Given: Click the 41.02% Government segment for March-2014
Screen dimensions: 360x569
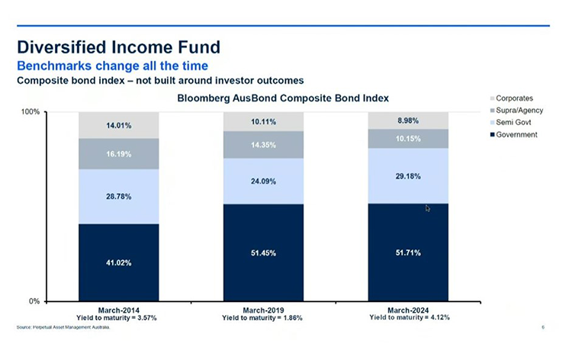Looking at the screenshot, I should pyautogui.click(x=118, y=262).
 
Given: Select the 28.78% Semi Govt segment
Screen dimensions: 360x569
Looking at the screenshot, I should pyautogui.click(x=118, y=196).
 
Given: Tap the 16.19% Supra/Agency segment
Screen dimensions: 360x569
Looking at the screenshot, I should pyautogui.click(x=118, y=153).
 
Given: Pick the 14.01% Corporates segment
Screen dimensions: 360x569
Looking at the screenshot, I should pyautogui.click(x=118, y=125).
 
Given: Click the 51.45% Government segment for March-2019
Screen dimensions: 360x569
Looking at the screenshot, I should pyautogui.click(x=263, y=252).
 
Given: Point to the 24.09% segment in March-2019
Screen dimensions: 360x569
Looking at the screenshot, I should pyautogui.click(x=263, y=182).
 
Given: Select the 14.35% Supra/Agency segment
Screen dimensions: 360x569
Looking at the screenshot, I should pyautogui.click(x=263, y=144).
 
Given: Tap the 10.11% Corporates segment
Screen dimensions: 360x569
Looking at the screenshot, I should pyautogui.click(x=263, y=121).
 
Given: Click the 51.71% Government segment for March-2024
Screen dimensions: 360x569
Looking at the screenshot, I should pyautogui.click(x=408, y=252).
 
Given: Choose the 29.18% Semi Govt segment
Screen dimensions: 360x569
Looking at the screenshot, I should pyautogui.click(x=408, y=175).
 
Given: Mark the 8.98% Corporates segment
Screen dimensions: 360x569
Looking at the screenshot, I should pyautogui.click(x=408, y=121).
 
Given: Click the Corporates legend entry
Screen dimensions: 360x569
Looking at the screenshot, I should pyautogui.click(x=513, y=98).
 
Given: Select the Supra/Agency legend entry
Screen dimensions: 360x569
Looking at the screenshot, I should pyautogui.click(x=519, y=111).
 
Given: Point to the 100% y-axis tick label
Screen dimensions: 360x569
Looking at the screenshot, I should pyautogui.click(x=31, y=112).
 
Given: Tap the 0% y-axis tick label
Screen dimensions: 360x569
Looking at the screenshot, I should pyautogui.click(x=34, y=301).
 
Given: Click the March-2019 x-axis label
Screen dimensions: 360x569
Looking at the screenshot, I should pyautogui.click(x=263, y=310).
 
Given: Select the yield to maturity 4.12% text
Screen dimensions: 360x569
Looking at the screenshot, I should pyautogui.click(x=408, y=317).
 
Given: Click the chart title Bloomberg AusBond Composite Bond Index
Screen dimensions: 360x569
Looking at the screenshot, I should pyautogui.click(x=283, y=98).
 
